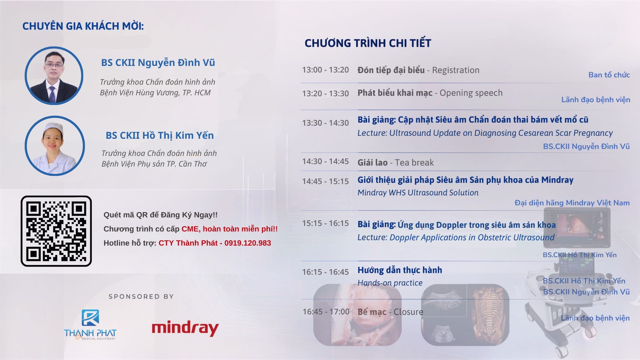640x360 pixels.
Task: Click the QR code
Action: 56,231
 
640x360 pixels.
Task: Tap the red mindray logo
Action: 185,328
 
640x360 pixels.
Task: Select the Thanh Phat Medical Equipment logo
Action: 90,325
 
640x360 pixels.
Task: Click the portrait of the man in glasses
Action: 54,76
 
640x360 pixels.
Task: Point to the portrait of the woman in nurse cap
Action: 55,146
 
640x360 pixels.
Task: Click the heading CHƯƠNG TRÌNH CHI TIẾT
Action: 368,43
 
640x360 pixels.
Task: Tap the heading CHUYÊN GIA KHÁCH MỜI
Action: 83,26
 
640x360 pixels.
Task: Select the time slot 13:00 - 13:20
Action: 325,70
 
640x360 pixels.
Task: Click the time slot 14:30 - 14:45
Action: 325,161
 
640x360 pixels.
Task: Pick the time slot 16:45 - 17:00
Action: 326,312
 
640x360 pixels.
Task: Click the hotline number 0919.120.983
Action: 247,243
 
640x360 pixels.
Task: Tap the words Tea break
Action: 414,162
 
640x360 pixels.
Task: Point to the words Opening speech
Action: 471,93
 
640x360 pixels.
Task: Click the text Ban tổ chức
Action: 609,75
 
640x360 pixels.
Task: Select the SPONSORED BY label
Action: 141,297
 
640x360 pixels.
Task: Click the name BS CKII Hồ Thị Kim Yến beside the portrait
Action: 160,135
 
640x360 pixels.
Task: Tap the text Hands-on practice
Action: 390,283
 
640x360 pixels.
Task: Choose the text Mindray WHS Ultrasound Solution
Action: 418,192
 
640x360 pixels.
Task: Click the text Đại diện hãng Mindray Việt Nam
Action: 572,203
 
